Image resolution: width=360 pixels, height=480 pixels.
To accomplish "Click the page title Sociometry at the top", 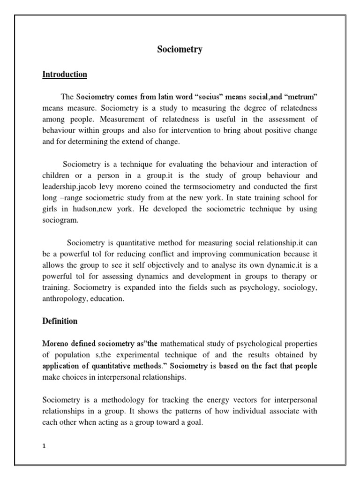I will pyautogui.click(x=180, y=49).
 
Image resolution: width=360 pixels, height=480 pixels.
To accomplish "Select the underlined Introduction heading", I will pyautogui.click(x=65, y=75).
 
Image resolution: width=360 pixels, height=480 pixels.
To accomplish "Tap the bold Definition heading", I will pyautogui.click(x=60, y=321).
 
